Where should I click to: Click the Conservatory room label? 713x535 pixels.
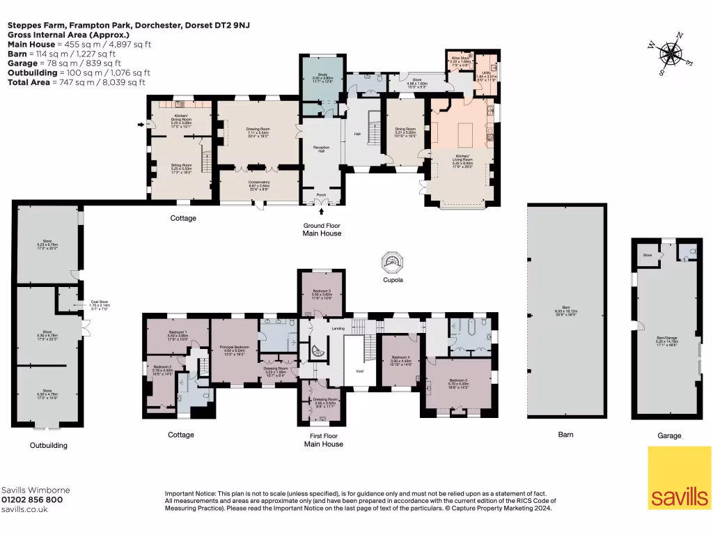coord(259,185)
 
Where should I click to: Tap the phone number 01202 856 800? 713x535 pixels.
coord(33,499)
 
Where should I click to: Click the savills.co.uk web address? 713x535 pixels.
coord(25,509)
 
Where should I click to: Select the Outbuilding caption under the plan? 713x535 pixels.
coord(48,445)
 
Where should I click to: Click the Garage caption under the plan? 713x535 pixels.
coord(669,435)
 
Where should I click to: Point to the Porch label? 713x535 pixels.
coord(322,195)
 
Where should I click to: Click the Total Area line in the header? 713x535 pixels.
coord(77,82)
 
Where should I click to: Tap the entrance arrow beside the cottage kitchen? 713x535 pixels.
coord(140,125)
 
